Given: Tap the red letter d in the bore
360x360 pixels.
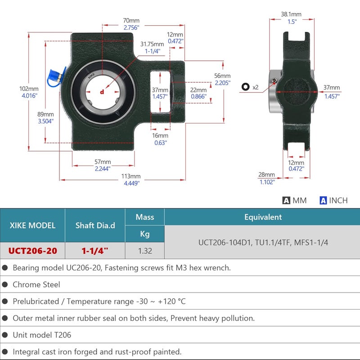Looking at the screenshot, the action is pos(102,92).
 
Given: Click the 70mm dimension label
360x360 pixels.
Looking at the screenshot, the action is pos(131,20).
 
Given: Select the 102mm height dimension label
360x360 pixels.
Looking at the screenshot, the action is pos(29,89).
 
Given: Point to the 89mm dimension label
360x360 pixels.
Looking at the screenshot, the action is pos(45,114).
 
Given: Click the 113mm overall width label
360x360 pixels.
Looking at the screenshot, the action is pos(131,176).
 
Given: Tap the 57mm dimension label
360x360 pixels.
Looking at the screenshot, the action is pos(103,162).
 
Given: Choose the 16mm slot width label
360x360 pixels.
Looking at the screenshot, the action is pos(160,135).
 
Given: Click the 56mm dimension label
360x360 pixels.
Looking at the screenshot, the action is pos(222,76).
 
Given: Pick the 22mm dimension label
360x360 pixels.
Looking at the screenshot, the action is pos(198,90).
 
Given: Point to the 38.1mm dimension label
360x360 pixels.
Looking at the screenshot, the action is pos(291,14).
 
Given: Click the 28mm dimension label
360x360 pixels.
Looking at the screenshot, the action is pos(266,175).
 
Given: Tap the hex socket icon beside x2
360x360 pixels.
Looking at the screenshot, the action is pos(245,87).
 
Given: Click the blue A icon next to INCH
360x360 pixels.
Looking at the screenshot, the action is pos(323,200).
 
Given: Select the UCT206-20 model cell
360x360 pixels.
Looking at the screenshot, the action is pos(32,251).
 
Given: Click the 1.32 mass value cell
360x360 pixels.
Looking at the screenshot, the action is pos(145,251).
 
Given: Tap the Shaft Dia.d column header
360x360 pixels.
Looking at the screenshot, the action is pos(95,225).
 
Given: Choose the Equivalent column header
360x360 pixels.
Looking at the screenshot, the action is pos(263,217).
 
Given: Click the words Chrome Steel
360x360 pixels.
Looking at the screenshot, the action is pos(36,284).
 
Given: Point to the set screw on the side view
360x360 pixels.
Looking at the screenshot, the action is pos(274,81).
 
